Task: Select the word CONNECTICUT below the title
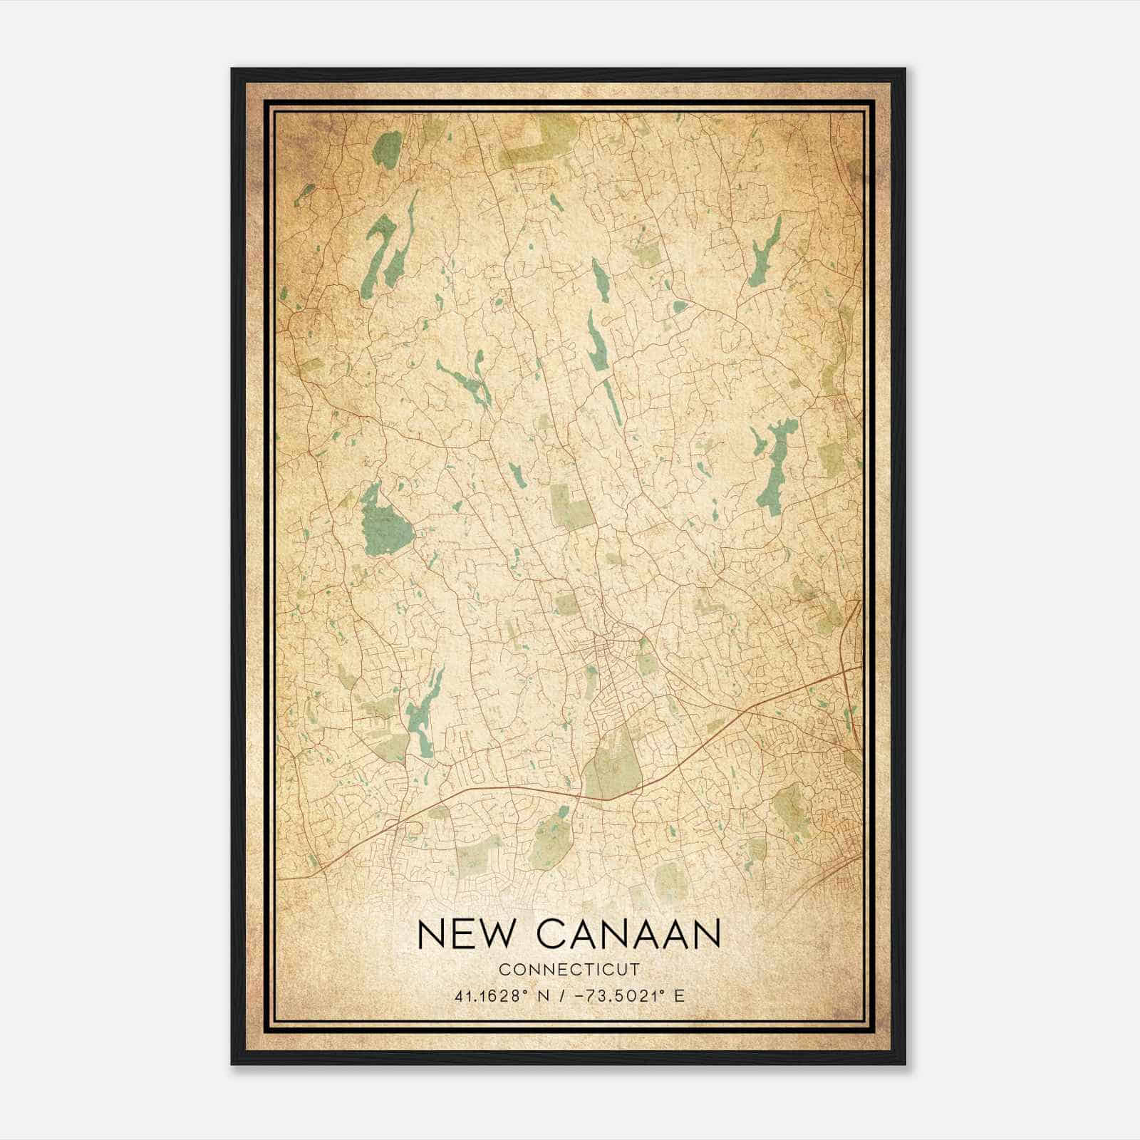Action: (569, 970)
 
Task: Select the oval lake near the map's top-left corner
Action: (387, 149)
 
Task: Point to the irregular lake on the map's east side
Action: (773, 467)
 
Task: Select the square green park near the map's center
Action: (571, 506)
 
